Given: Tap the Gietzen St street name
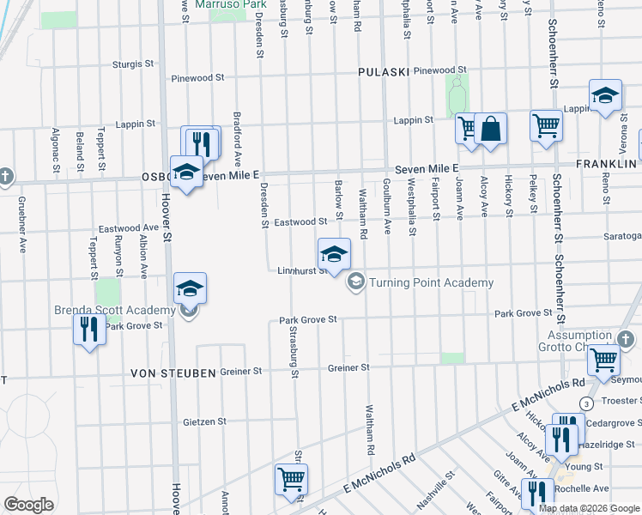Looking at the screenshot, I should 205,421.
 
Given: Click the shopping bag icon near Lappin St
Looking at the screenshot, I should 490,130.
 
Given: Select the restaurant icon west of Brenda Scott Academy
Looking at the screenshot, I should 88,329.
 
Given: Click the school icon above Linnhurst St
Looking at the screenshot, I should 335,254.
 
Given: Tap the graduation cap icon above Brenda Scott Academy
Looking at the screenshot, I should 190,288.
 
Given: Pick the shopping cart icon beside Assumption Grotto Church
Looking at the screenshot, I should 604,360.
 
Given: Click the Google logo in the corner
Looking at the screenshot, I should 28,505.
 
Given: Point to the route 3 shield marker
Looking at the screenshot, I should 586,403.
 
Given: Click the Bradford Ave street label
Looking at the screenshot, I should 238,139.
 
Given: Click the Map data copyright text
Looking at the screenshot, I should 590,508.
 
